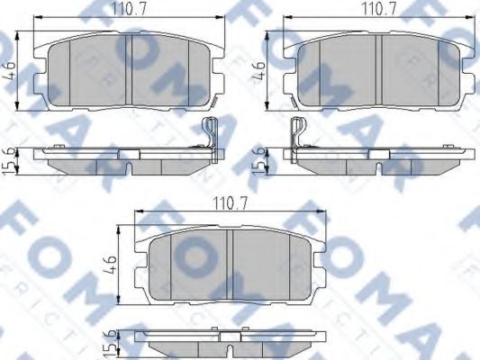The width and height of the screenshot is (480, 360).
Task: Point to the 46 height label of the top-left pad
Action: [x=10, y=69]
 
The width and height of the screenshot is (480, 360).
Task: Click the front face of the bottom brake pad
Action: [x=231, y=262]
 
